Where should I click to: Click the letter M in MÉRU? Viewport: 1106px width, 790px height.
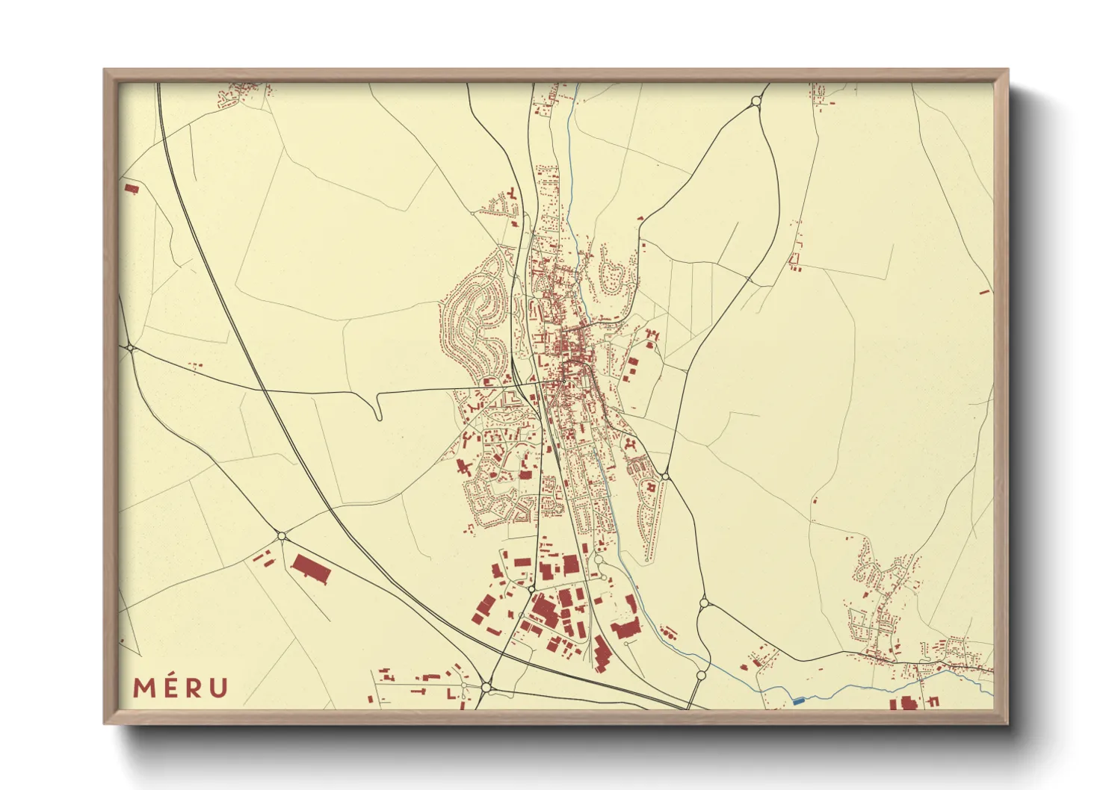(x=145, y=688)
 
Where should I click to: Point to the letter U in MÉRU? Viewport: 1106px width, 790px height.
(x=218, y=688)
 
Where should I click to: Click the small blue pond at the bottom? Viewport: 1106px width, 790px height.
(x=798, y=701)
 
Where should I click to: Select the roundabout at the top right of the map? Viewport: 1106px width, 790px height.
(x=756, y=101)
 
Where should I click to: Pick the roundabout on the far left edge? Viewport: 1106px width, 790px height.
(x=131, y=348)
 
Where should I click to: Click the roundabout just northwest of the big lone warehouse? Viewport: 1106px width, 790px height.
(x=282, y=536)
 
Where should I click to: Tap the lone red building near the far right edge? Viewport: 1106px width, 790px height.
(x=984, y=292)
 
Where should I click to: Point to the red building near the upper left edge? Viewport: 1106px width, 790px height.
(x=132, y=188)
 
